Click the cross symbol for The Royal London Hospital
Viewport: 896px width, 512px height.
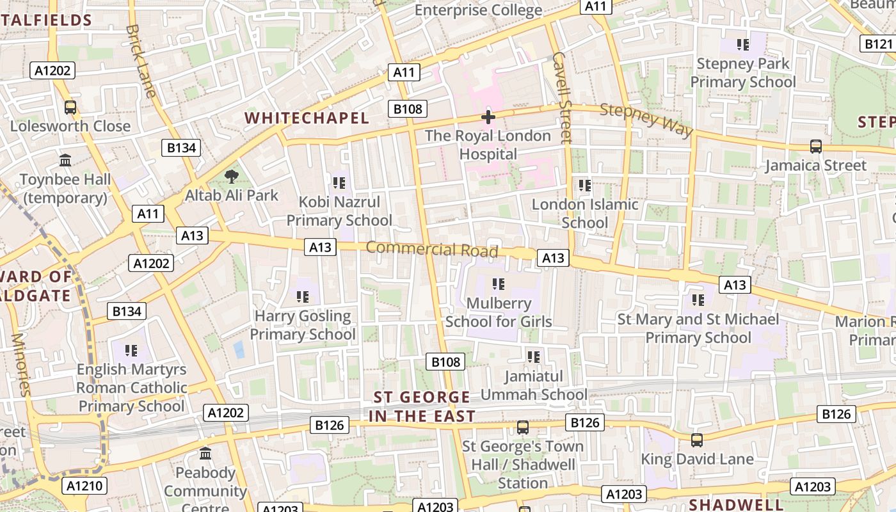[488, 117]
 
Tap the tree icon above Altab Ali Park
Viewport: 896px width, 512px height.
[232, 176]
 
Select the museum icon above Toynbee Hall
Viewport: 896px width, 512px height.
[65, 160]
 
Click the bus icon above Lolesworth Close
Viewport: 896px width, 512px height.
[70, 108]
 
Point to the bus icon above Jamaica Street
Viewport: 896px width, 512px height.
[815, 146]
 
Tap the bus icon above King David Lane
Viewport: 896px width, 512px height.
[696, 440]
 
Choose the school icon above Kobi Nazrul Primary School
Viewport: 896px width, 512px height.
[339, 183]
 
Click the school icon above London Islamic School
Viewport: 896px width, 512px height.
[584, 186]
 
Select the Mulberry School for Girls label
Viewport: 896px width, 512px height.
[499, 312]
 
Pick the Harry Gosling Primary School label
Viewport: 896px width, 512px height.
[302, 325]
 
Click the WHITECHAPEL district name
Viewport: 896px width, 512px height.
[307, 118]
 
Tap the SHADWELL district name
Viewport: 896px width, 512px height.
[736, 504]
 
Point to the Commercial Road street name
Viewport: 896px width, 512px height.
[432, 249]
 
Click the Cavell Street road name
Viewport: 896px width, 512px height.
[561, 97]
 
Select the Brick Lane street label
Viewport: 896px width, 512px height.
[141, 61]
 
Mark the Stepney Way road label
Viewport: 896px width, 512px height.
[646, 119]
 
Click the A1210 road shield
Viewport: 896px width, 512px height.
[84, 486]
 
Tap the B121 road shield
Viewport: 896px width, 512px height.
[877, 44]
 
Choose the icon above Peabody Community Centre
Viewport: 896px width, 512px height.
[205, 454]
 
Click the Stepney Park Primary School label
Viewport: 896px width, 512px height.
[742, 73]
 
